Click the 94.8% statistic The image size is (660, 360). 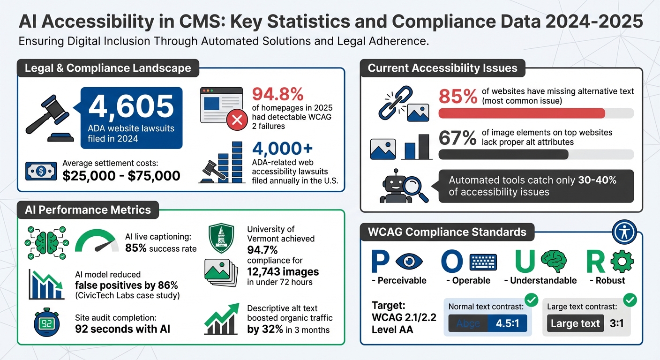(277, 94)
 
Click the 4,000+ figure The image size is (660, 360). (282, 149)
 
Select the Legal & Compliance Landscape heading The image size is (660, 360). (108, 68)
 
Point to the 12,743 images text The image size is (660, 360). (283, 271)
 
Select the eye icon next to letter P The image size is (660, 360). (409, 262)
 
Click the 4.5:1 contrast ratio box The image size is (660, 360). (507, 323)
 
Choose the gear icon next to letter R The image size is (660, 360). (622, 262)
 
